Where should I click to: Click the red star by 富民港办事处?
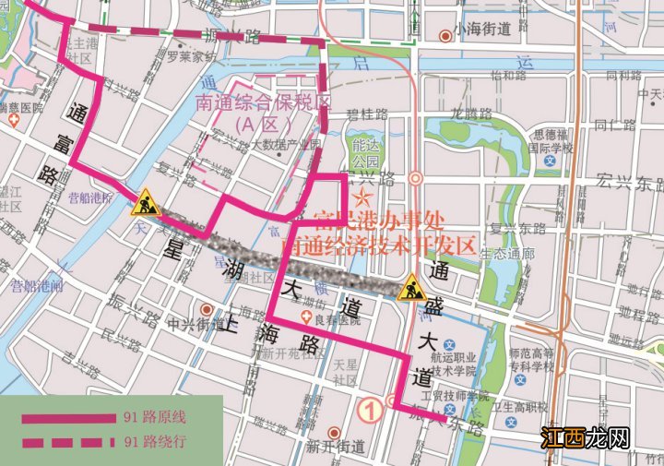(x=363, y=197)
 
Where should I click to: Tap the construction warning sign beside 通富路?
(x=146, y=201)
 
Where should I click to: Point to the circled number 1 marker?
(x=371, y=407)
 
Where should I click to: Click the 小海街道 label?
(x=482, y=30)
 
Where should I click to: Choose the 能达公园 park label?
(x=366, y=153)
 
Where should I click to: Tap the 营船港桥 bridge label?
(x=89, y=197)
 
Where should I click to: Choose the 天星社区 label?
(x=345, y=374)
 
